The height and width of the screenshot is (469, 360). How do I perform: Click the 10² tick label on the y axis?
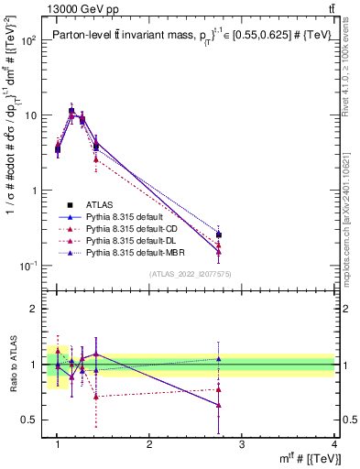click(x=27, y=41)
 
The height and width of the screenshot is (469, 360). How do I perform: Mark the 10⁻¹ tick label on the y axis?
click(x=27, y=266)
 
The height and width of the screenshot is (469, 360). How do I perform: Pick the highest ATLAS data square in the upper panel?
click(x=71, y=111)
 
